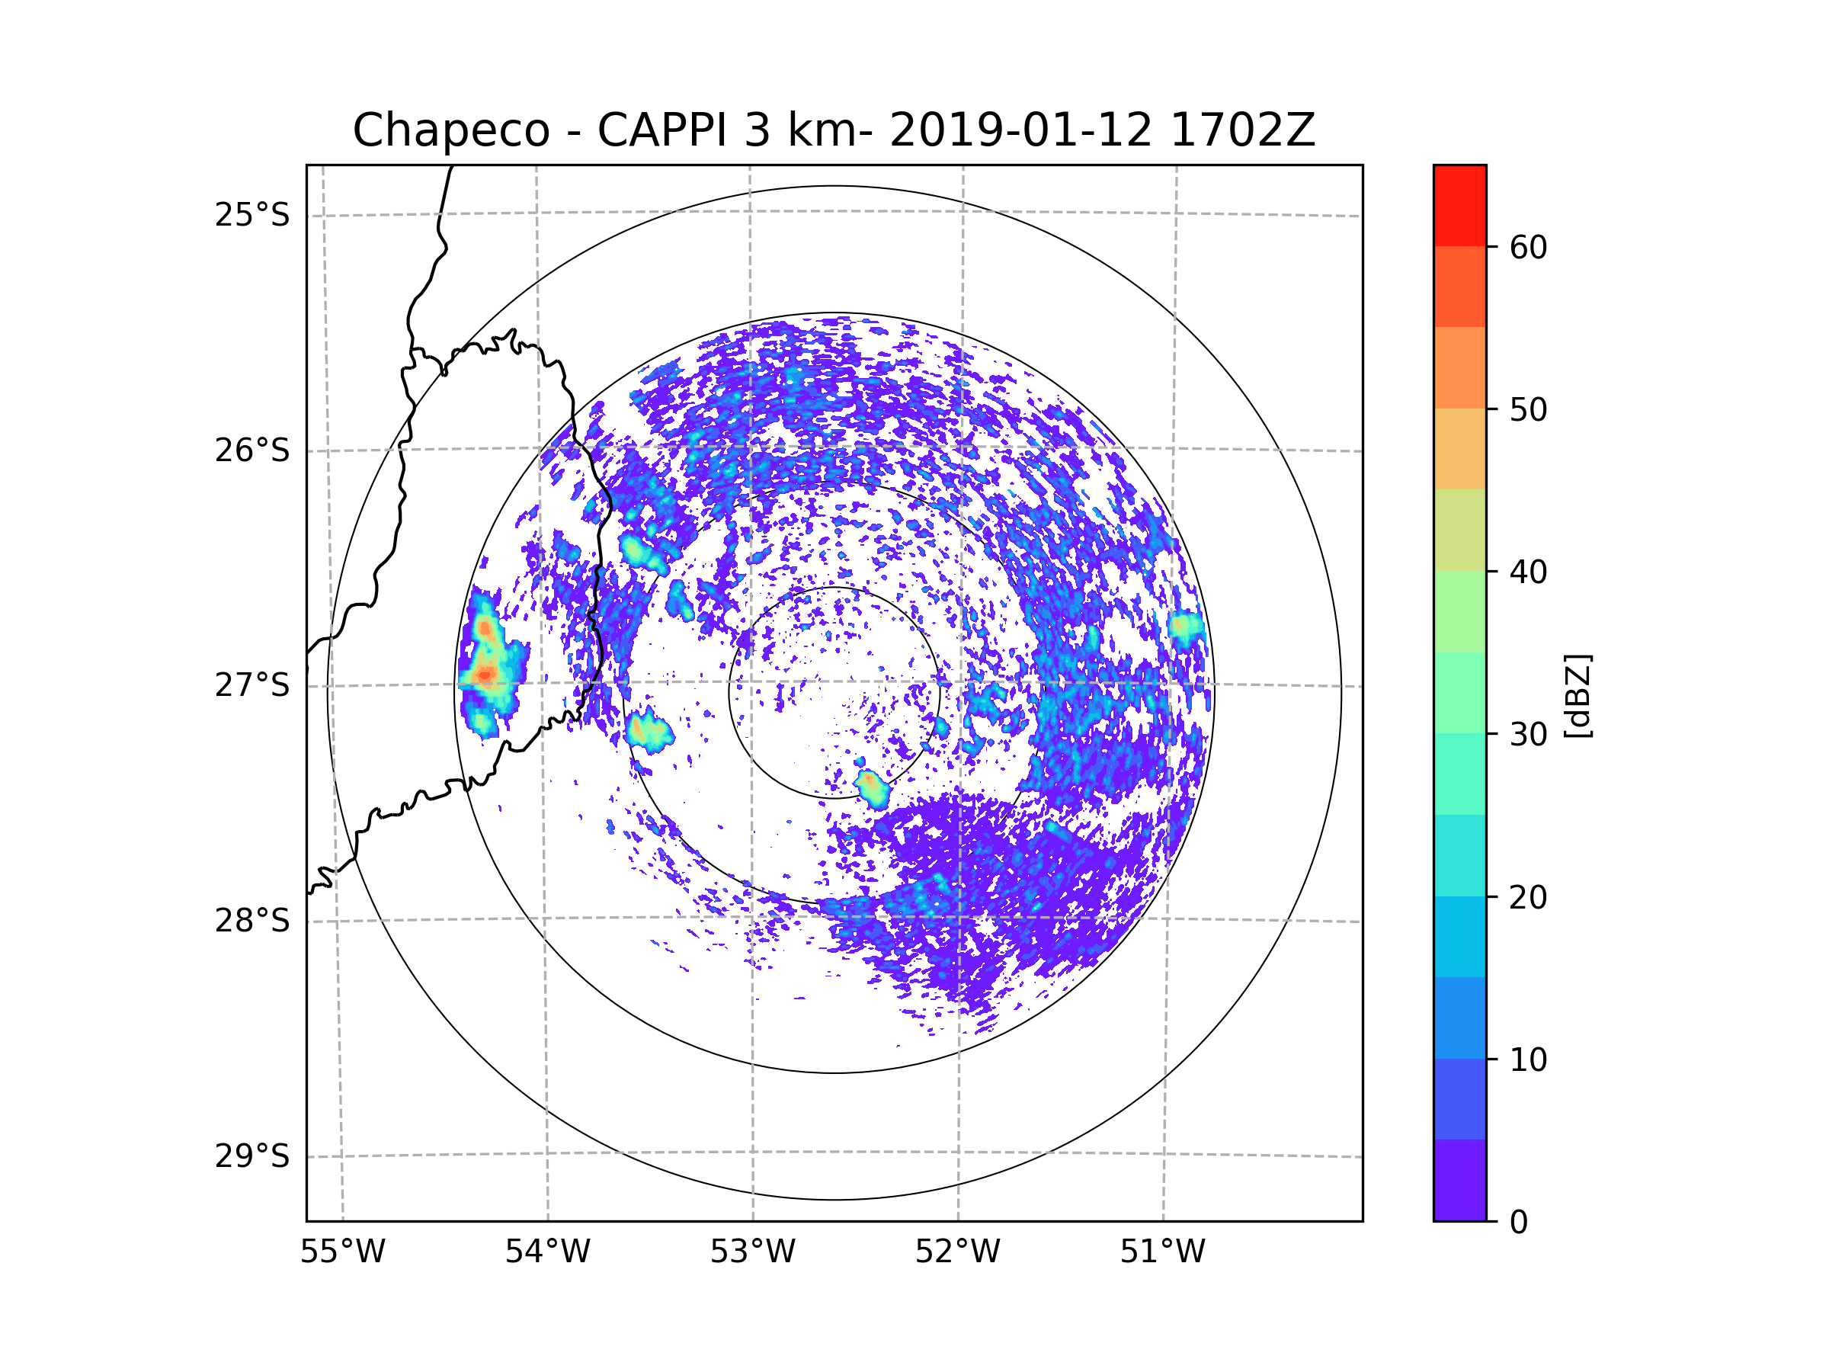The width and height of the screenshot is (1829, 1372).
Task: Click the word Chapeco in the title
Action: pyautogui.click(x=450, y=130)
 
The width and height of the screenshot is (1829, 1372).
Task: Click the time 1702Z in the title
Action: pyautogui.click(x=1242, y=130)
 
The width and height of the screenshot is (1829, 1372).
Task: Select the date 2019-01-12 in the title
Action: pyautogui.click(x=1020, y=130)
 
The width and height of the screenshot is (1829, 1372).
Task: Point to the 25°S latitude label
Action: pyautogui.click(x=252, y=215)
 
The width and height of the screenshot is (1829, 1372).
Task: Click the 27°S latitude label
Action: pyautogui.click(x=252, y=685)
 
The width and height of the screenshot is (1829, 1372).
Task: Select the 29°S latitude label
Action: pyautogui.click(x=252, y=1156)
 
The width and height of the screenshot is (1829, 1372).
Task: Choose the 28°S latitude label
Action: pyautogui.click(x=252, y=921)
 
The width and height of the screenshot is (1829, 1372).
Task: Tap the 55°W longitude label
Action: pyautogui.click(x=342, y=1252)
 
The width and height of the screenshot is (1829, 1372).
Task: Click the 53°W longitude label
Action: pyautogui.click(x=752, y=1252)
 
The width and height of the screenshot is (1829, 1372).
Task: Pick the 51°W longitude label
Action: pyautogui.click(x=1162, y=1252)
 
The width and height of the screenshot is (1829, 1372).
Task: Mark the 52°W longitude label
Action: pyautogui.click(x=957, y=1252)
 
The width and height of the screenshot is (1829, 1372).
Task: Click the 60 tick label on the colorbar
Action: pyautogui.click(x=1528, y=247)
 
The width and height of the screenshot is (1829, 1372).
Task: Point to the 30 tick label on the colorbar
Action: pyautogui.click(x=1528, y=734)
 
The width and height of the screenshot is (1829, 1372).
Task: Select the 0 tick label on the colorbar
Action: pyautogui.click(x=1519, y=1223)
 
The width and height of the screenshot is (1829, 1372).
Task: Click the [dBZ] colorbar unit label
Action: pyautogui.click(x=1578, y=695)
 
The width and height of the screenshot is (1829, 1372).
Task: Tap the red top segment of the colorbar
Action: pyautogui.click(x=1459, y=205)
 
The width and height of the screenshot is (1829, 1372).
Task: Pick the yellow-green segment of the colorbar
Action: pyautogui.click(x=1459, y=530)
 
